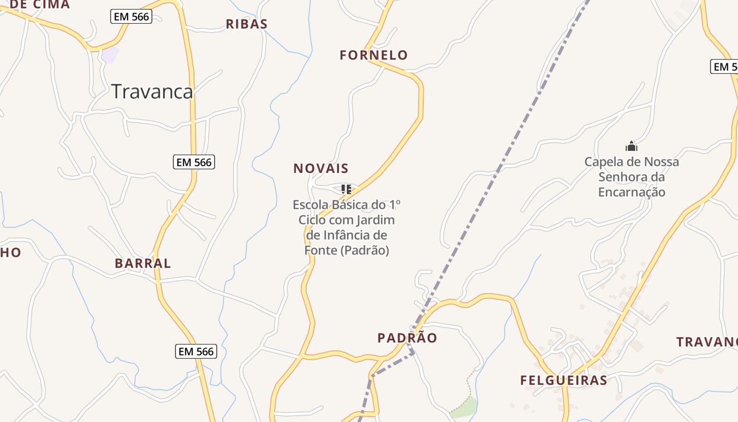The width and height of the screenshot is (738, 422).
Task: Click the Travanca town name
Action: [x=152, y=92]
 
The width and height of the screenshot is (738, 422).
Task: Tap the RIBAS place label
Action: [x=247, y=24]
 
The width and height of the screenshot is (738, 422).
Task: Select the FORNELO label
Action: [x=374, y=55]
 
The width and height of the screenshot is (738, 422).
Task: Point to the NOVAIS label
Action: [x=321, y=169]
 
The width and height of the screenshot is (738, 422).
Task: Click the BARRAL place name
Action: [x=143, y=264]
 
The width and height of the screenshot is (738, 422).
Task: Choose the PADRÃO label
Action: [x=407, y=338]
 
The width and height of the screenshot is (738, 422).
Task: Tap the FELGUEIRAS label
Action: [x=564, y=380]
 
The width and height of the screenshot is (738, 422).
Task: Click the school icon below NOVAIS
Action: [x=346, y=189]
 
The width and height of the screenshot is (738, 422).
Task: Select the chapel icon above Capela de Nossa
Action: [x=631, y=146]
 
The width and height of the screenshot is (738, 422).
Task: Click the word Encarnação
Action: [x=632, y=192]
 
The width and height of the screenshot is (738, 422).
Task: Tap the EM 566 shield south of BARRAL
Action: [x=196, y=351]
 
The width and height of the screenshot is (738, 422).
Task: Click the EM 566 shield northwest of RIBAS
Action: [x=132, y=17]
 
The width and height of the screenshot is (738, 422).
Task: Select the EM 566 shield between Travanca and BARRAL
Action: [x=194, y=162]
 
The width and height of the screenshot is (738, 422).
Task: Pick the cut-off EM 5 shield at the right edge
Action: [x=724, y=67]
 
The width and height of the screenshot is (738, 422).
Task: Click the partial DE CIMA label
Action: [x=40, y=5]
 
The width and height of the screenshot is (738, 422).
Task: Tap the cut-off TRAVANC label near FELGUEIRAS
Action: [x=707, y=342]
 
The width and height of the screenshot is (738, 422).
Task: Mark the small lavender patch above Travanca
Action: [x=111, y=54]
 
